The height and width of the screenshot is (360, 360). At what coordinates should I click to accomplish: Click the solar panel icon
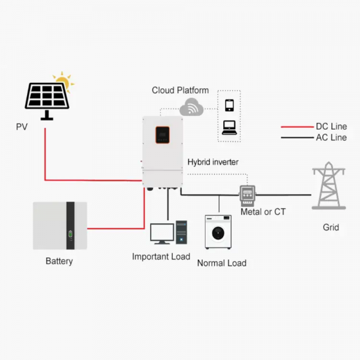47,101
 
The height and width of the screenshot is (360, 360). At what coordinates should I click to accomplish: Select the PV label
22,127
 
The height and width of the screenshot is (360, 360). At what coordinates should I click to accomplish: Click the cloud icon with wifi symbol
191,107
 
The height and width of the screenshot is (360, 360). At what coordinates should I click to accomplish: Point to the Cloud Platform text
180,90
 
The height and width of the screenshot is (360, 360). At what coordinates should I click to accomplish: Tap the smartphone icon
229,106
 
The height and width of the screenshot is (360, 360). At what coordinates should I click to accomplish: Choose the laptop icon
229,128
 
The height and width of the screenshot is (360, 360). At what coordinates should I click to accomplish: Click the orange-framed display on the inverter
163,135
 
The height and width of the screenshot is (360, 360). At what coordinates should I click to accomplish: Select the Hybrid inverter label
213,162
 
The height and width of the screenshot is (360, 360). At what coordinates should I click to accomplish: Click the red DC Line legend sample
298,127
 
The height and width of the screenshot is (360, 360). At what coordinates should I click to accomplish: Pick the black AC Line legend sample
298,138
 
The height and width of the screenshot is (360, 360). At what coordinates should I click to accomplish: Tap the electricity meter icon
247,196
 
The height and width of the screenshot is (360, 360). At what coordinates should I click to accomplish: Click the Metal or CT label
263,212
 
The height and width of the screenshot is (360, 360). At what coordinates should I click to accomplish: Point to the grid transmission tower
329,185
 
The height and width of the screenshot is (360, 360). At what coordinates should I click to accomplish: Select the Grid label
331,227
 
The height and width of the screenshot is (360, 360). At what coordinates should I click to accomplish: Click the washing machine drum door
218,233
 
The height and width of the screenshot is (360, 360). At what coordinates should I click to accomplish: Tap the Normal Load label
222,263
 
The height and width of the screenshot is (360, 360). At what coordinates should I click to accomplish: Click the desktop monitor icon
162,233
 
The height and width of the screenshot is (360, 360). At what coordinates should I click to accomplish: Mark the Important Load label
161,257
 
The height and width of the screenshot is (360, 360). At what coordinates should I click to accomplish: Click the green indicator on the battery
70,234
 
